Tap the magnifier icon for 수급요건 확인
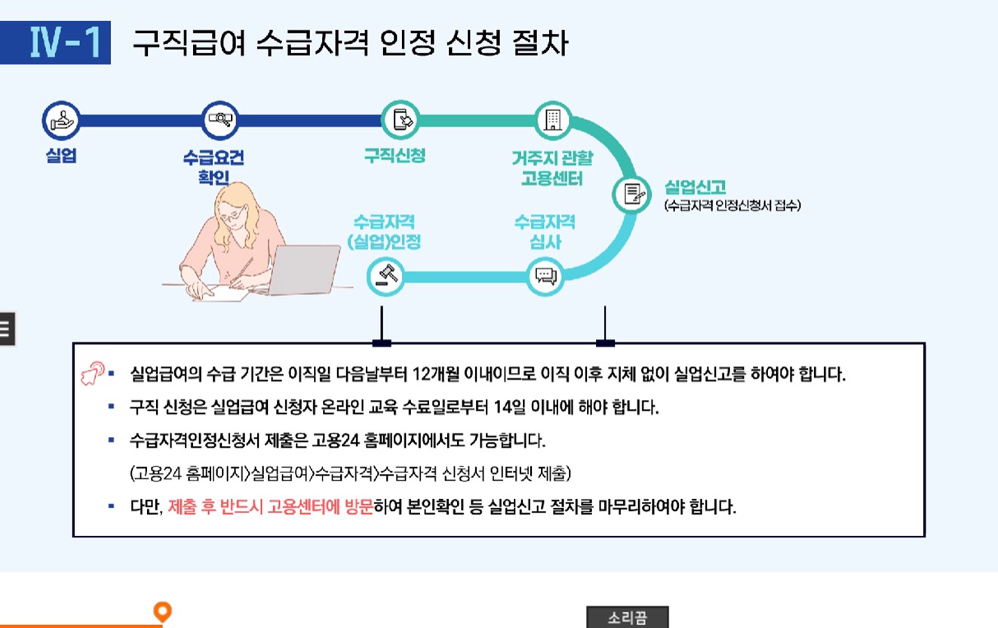tap(220, 119)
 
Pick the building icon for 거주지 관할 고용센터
tap(553, 119)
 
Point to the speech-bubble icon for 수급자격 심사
tap(545, 276)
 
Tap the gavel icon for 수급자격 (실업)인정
tap(385, 276)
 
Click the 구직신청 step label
tap(395, 155)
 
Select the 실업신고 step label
tap(695, 186)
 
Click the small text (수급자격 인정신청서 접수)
tap(732, 205)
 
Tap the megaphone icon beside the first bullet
tap(93, 374)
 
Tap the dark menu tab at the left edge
tap(7, 328)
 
